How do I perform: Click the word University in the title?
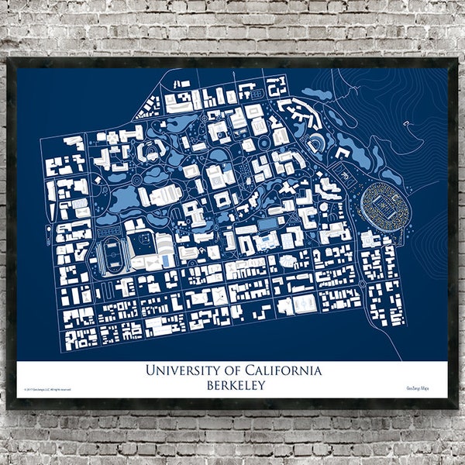[x=184, y=370]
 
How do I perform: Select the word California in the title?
[x=283, y=370]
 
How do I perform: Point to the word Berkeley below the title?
[x=232, y=385]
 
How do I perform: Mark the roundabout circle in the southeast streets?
[x=362, y=284]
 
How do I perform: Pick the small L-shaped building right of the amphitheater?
[x=342, y=153]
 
